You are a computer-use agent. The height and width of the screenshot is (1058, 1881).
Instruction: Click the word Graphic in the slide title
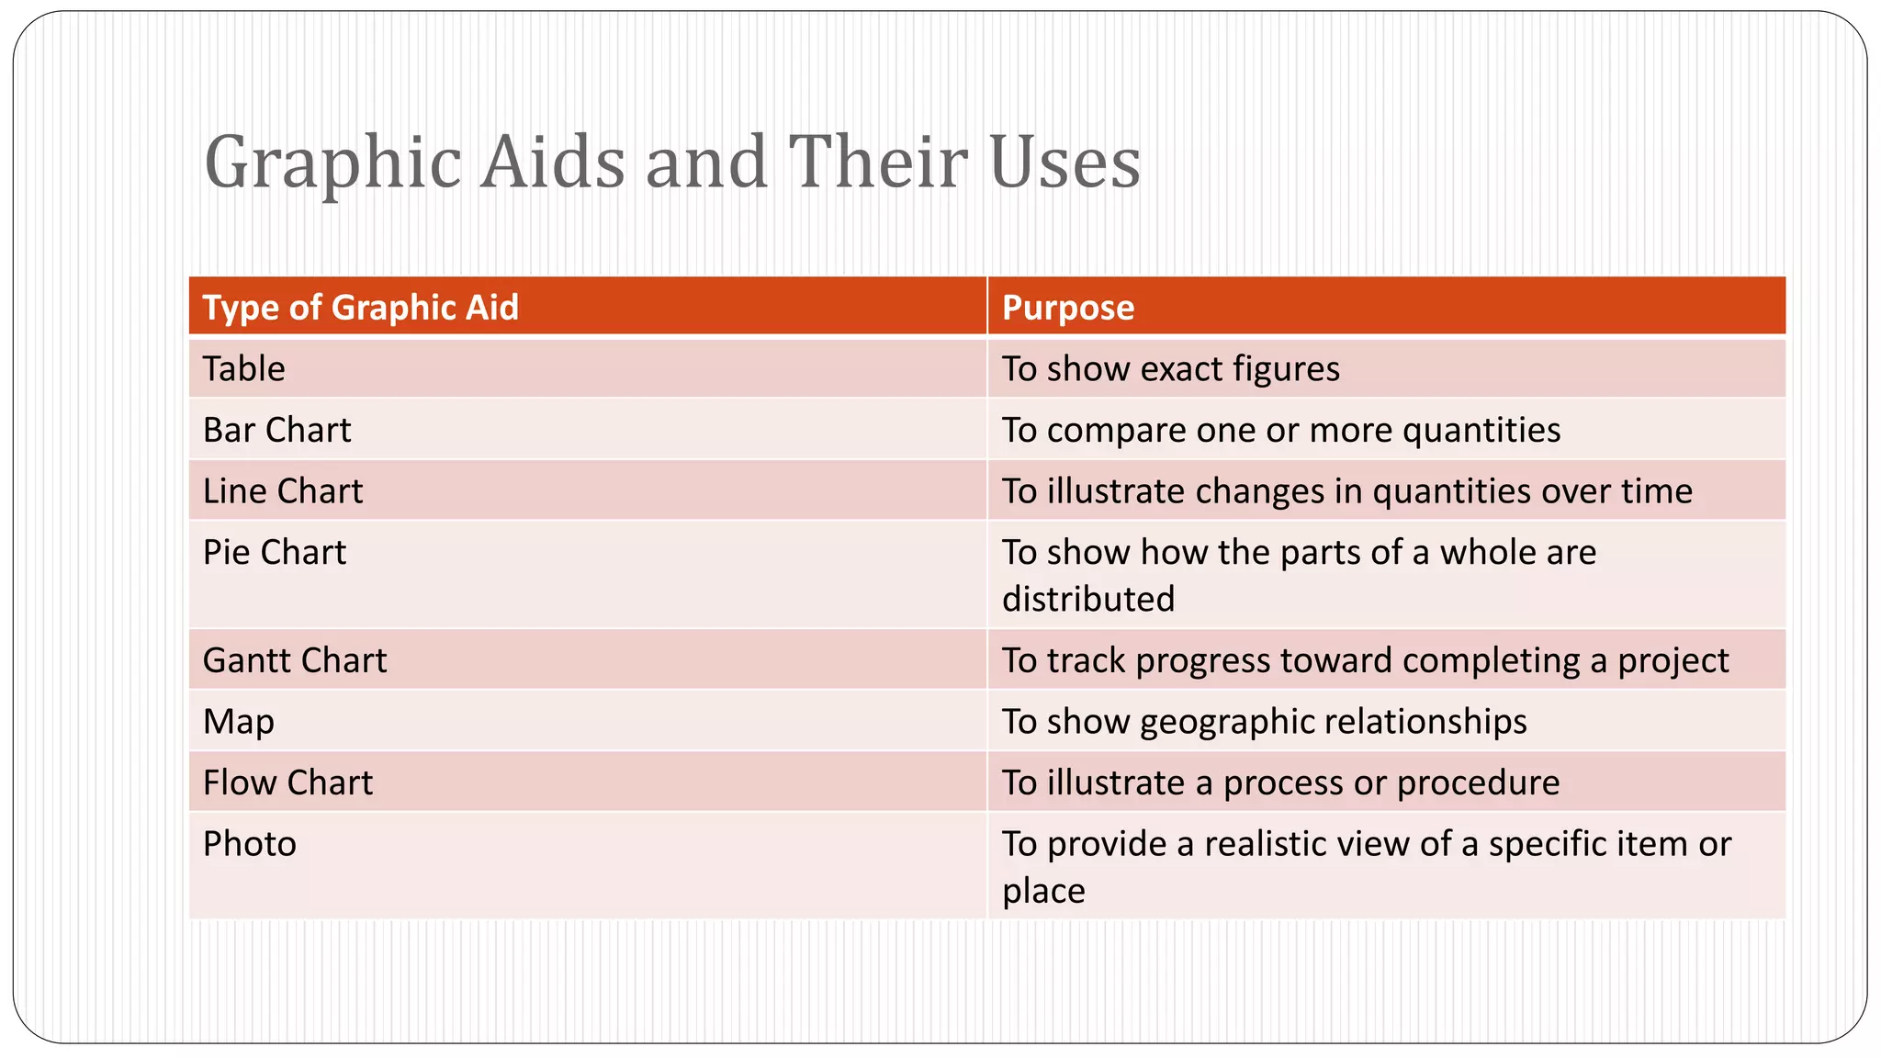[332, 163]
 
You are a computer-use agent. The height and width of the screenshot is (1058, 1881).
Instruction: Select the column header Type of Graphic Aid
[360, 308]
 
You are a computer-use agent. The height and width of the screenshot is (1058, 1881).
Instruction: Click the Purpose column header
[1067, 308]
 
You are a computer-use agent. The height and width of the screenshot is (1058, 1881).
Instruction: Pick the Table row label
[243, 369]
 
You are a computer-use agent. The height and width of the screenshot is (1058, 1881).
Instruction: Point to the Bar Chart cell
[276, 431]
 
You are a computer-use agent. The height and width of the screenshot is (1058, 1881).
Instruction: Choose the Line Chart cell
[282, 491]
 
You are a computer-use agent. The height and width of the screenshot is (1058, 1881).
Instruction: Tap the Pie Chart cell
[274, 553]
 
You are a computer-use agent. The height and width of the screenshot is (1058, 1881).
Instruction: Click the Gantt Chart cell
[294, 661]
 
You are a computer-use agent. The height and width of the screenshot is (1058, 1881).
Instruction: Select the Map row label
[238, 722]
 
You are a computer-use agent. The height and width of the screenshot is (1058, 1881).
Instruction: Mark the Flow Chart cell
[287, 783]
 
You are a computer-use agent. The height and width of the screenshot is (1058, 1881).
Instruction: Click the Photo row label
[249, 844]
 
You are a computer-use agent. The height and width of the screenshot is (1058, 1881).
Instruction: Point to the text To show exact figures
[1170, 369]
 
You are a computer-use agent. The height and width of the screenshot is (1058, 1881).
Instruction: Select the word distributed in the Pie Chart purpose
[1087, 600]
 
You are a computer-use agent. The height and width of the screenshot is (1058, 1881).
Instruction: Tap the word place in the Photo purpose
[1043, 891]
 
